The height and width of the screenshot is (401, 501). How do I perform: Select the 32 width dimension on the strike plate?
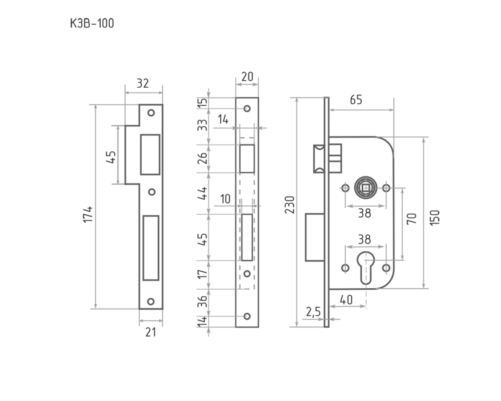click(143, 83)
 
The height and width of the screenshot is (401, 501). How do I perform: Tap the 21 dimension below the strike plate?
click(150, 332)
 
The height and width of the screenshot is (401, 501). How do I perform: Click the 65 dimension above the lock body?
click(355, 100)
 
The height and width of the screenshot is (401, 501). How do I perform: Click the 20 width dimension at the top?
click(247, 76)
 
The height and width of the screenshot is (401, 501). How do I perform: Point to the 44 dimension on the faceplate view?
click(203, 193)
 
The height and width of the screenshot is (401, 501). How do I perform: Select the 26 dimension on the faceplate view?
click(203, 158)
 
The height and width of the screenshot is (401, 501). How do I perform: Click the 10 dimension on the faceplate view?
click(225, 199)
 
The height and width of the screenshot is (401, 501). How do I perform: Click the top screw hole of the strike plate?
click(151, 113)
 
